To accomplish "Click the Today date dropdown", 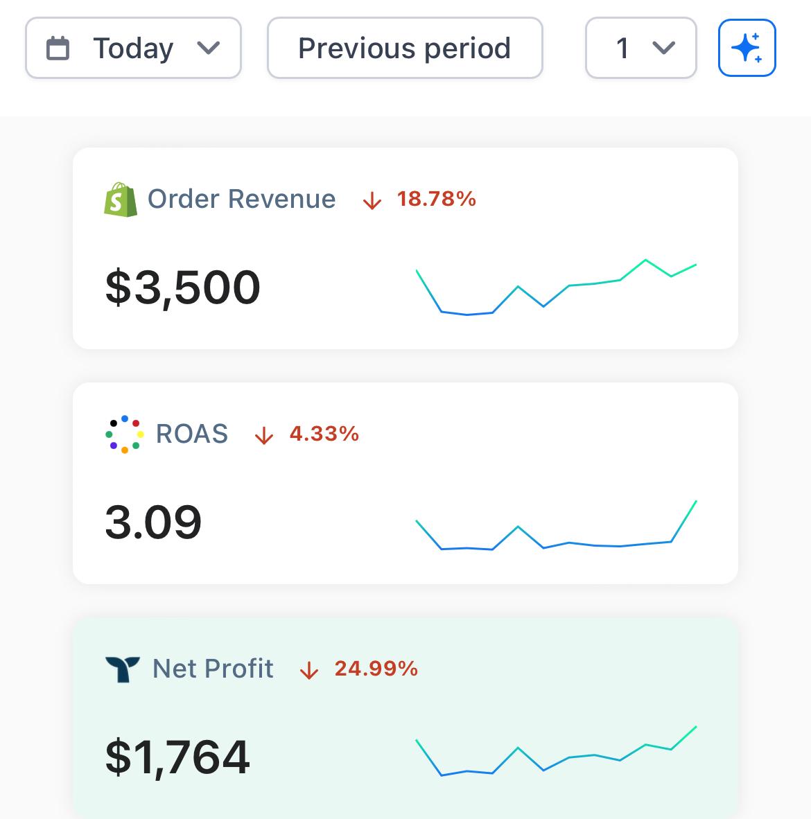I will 133,49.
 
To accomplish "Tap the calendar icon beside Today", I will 58,49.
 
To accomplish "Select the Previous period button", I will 404,49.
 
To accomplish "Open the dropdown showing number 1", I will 640,49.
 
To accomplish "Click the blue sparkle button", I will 747,48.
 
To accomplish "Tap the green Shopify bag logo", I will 121,200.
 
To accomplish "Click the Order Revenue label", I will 241,200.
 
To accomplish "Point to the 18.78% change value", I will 436,200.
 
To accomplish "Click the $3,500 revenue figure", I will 183,288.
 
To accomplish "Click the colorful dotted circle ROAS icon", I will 124,434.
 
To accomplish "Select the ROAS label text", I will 192,434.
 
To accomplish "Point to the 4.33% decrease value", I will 324,434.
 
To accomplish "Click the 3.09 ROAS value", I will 153,522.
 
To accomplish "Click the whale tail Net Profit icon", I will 123,669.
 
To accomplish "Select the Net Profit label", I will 213,669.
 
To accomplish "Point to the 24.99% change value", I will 376,669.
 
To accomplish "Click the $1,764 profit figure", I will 177,757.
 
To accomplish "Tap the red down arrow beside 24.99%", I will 308,671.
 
